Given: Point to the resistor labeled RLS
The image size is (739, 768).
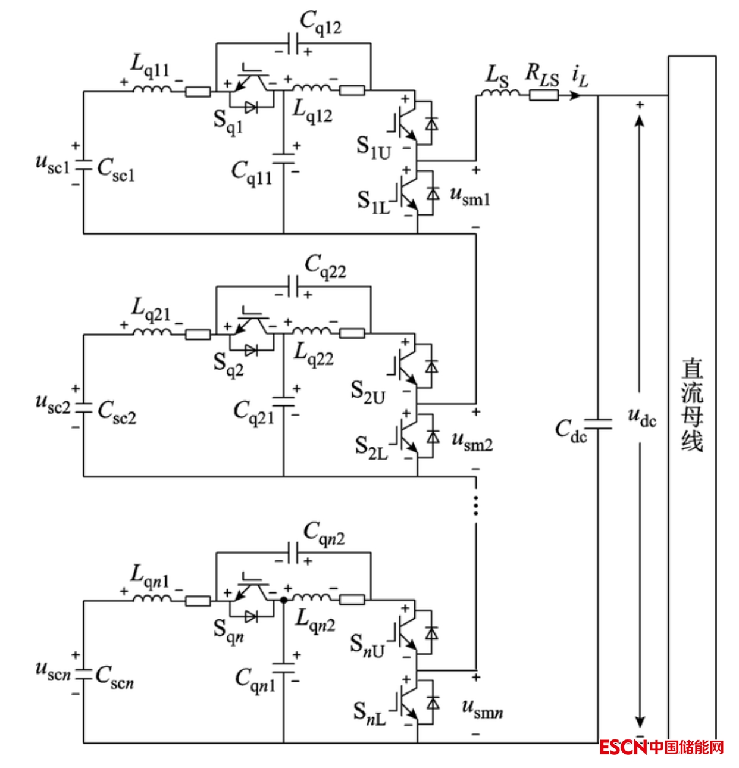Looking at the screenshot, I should click(x=544, y=94).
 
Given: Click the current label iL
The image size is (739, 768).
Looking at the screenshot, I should click(x=580, y=76).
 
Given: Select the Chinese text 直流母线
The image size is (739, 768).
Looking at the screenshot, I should click(x=692, y=405).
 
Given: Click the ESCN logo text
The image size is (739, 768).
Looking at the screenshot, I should click(x=622, y=747).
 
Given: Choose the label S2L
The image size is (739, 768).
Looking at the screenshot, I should click(x=371, y=447).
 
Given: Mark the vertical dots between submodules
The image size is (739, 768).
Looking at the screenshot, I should click(x=475, y=505).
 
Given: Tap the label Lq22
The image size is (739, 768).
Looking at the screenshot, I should click(x=314, y=355).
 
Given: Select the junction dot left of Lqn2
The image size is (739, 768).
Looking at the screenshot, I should click(x=284, y=600).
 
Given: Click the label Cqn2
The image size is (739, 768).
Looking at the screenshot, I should click(x=324, y=532).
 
